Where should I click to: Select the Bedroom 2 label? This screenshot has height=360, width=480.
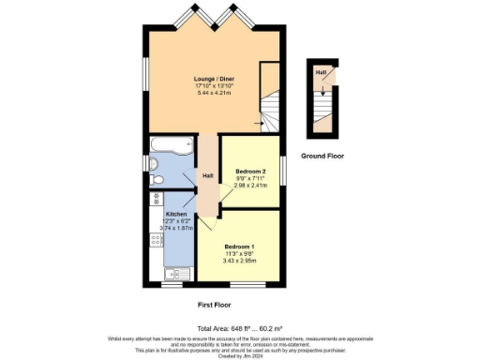(250, 172)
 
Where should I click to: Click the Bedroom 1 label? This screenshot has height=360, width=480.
(239, 246)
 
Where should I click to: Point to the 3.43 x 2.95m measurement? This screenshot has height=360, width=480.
(239, 260)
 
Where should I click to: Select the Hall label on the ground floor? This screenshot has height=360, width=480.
(321, 72)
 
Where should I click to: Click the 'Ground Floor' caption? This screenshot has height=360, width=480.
(321, 156)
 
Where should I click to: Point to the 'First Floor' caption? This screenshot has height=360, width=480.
(216, 305)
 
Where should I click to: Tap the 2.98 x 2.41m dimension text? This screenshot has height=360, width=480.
(250, 186)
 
